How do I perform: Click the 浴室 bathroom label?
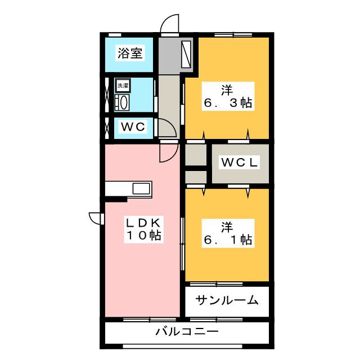130,53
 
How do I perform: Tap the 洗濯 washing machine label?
122,86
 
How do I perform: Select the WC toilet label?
134,127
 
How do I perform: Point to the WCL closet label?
239,163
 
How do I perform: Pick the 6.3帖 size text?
227,103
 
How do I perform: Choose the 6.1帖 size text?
227,241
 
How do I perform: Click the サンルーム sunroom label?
227,300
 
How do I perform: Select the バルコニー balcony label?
187,332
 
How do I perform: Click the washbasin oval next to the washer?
122,102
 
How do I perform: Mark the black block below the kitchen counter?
117,198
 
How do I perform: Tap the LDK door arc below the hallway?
168,151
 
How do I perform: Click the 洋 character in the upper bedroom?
227,89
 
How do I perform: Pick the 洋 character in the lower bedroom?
227,227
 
